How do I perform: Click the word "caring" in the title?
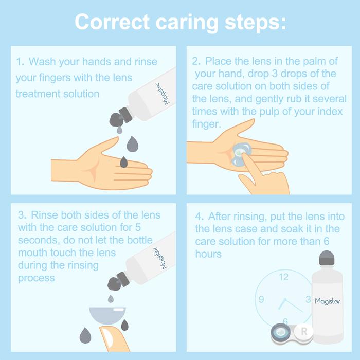187,23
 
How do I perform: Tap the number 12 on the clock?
284,277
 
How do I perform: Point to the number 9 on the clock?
261,299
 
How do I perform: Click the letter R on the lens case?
304,331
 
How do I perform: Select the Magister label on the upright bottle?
328,301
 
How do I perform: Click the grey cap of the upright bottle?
327,257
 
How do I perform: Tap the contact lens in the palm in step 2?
240,154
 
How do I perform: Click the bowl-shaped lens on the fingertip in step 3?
107,315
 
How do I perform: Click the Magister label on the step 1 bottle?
163,94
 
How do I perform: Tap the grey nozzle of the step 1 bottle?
121,118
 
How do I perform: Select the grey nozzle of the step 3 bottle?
119,282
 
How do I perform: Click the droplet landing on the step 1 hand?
124,162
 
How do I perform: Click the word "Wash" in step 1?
42,62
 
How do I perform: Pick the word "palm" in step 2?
315,61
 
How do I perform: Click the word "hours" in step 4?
208,254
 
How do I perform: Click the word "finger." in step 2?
206,124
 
